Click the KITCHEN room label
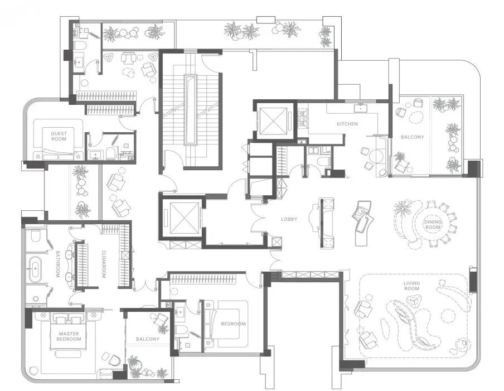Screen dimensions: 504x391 [347, 124]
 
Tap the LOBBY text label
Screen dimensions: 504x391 [289, 219]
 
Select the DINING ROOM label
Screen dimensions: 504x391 [433, 224]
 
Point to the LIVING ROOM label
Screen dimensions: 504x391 [412, 286]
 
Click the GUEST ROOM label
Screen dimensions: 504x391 [59, 136]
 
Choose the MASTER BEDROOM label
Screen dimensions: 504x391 [69, 336]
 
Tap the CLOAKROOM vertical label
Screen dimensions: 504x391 [104, 264]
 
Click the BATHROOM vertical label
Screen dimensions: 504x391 [58, 264]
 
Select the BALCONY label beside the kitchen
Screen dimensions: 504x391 [413, 137]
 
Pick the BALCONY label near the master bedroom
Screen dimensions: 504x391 [148, 339]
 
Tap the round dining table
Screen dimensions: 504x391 [433, 224]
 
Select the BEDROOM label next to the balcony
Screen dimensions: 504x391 [234, 324]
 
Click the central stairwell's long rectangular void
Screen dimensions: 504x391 [190, 110]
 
